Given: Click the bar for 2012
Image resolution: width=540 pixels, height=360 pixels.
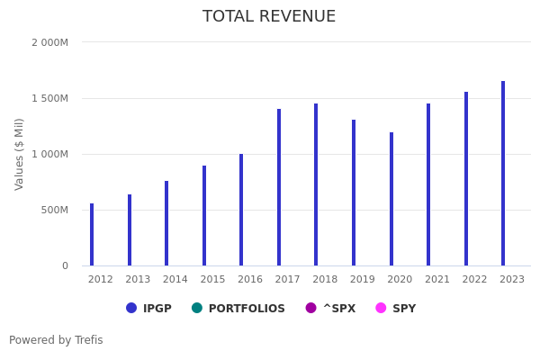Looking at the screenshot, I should click(x=92, y=235).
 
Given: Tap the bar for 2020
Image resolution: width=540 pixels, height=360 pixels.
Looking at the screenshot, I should click(x=391, y=199).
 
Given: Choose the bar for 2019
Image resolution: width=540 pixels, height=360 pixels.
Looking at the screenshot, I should click(x=354, y=193).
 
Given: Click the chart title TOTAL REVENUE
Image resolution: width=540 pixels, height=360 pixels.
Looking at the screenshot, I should click(x=269, y=17).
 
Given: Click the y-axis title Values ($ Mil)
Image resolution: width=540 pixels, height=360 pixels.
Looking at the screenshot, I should click(x=20, y=154).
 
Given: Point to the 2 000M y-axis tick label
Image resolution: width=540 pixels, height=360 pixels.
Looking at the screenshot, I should click(x=49, y=42).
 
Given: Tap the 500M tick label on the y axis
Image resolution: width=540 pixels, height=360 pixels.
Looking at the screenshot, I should click(x=53, y=210).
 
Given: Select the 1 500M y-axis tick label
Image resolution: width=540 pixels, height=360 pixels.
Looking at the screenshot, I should click(x=49, y=98).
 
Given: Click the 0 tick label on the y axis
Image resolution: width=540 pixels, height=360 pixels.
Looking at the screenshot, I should click(x=65, y=265).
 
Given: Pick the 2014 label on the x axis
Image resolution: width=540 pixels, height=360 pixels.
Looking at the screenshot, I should click(x=175, y=280).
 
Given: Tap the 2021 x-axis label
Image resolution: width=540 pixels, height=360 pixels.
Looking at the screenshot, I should click(x=437, y=280).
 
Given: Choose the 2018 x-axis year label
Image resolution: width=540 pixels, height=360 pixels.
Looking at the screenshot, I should click(x=325, y=280).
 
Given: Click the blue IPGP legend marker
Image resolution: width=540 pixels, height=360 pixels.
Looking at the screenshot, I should click(x=131, y=308).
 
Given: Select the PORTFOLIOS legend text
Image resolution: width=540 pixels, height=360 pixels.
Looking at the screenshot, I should click(x=247, y=309).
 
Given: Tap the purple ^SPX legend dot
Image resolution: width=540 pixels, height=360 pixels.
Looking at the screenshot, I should click(x=311, y=308).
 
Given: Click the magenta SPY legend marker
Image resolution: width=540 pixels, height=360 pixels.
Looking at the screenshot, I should click(x=381, y=308).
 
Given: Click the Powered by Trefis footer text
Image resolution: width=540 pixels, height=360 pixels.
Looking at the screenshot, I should click(x=56, y=340).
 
